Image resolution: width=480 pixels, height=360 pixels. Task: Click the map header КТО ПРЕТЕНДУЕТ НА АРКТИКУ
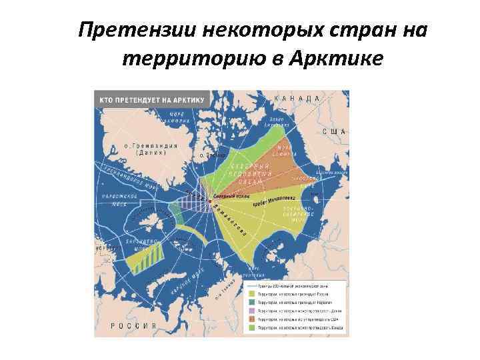pyautogui.click(x=153, y=100)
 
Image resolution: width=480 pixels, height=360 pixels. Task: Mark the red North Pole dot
pyautogui.click(x=211, y=201)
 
